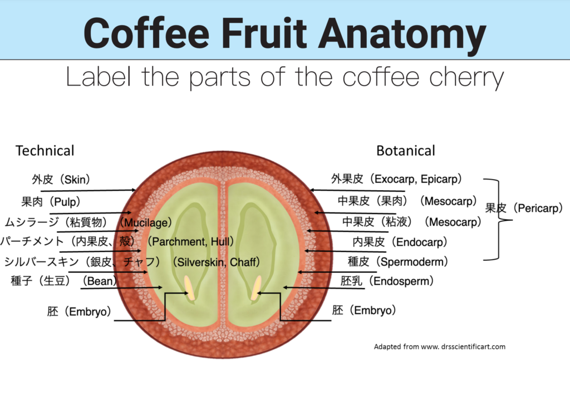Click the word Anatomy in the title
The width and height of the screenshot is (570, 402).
pos(402,33)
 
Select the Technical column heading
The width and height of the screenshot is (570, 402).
pos(45,151)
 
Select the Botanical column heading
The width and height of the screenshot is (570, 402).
pos(406,151)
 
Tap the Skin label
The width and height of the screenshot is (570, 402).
pos(61,180)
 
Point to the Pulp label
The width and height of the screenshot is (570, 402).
pos(51,201)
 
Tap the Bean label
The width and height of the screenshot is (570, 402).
pos(64,281)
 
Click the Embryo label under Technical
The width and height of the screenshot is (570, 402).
pos(79,311)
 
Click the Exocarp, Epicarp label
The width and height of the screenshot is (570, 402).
pos(396,179)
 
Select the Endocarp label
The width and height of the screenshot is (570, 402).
pos(400,242)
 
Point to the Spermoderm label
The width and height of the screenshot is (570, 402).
pos(397,261)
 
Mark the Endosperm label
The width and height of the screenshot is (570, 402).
pos(387,281)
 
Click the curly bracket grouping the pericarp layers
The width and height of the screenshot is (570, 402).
pos(499,220)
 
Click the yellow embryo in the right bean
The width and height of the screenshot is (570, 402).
pos(256,287)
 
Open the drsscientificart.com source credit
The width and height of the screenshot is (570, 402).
pos(440,346)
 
